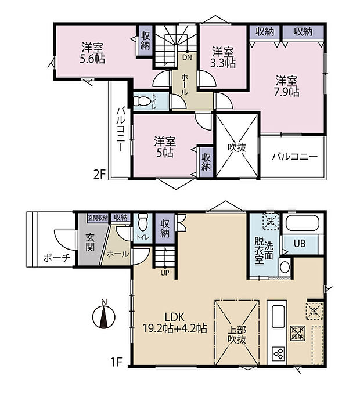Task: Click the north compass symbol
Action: pyautogui.click(x=103, y=317)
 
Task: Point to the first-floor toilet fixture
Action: pyautogui.click(x=143, y=221)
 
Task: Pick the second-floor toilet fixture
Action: pyautogui.click(x=142, y=101)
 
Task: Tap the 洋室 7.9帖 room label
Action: pyautogui.click(x=287, y=86)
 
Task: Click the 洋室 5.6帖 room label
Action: pyautogui.click(x=93, y=52)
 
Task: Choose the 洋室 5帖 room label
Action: pyautogui.click(x=165, y=147)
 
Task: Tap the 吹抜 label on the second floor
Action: pyautogui.click(x=237, y=147)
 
